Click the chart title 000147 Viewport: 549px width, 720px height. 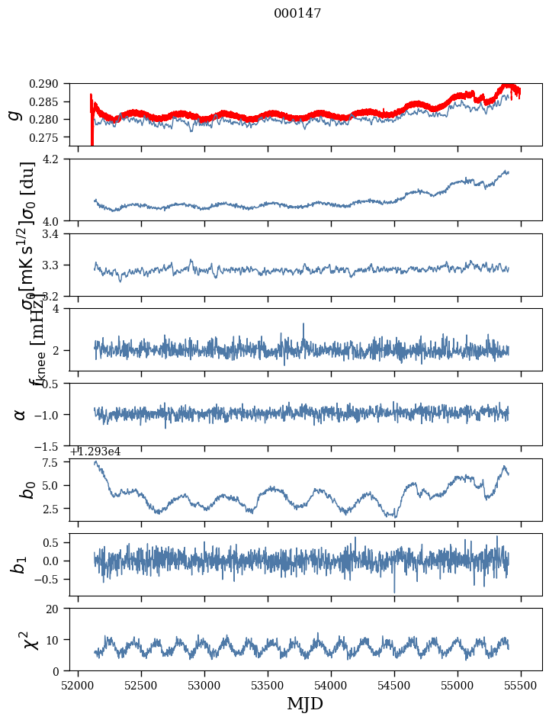[x=297, y=13]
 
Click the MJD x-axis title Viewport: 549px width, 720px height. [x=305, y=703]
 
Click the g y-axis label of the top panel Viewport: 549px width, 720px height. [x=14, y=114]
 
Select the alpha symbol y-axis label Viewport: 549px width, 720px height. [x=20, y=414]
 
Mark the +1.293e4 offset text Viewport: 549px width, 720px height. [x=95, y=452]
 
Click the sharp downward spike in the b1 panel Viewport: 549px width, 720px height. [x=394, y=590]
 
